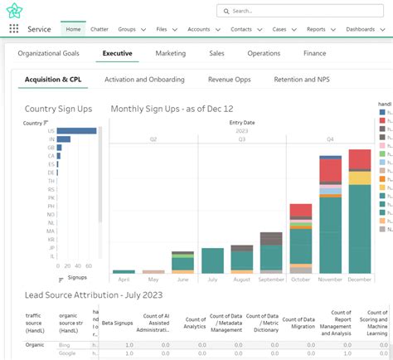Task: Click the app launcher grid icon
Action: coord(13,29)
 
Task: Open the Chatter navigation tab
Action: coord(99,29)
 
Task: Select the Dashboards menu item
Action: coord(361,29)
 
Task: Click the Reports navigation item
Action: coord(316,29)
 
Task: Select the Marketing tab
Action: coord(170,53)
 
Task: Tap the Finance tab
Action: coord(314,53)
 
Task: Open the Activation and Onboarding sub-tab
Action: coord(143,80)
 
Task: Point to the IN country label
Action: coord(51,139)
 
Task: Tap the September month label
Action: coord(271,280)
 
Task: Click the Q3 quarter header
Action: coord(242,139)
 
